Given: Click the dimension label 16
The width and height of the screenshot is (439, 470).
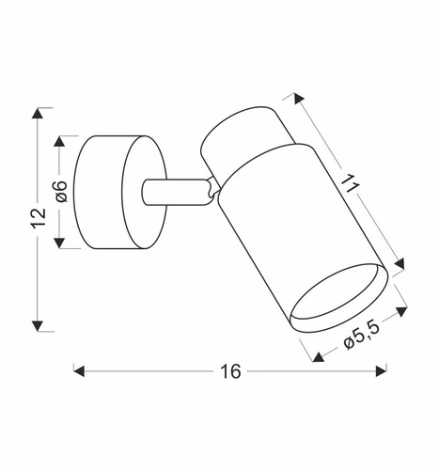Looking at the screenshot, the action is [230, 371].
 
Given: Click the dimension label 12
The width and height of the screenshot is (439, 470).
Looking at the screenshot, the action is [39, 217].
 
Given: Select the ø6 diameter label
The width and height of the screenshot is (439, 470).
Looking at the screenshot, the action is [60, 191].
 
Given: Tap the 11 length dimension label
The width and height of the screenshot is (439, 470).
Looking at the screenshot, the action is [350, 183].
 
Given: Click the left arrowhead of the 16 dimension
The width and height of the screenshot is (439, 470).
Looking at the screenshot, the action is [79, 371].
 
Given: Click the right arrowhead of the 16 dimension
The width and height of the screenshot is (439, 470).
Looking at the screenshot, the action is [381, 371].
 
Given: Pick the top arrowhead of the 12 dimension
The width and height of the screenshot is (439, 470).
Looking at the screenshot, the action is [38, 113].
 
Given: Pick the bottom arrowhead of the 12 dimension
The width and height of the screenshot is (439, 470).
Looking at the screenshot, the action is [38, 326].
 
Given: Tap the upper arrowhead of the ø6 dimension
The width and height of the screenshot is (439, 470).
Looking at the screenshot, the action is [59, 141].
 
